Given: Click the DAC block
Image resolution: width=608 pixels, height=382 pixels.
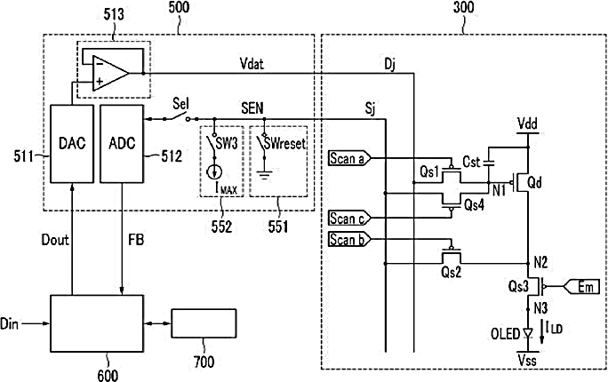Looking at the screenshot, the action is pyautogui.click(x=72, y=144).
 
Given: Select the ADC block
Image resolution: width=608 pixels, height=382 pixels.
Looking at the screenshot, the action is pyautogui.click(x=122, y=144).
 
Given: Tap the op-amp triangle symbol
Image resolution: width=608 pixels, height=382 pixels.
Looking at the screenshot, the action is pyautogui.click(x=110, y=73).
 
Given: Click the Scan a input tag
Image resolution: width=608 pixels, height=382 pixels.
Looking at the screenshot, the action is pyautogui.click(x=349, y=158).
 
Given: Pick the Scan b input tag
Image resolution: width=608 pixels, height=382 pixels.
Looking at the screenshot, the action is pyautogui.click(x=349, y=240).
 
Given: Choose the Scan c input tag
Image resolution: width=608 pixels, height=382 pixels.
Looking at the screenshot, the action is pyautogui.click(x=349, y=219).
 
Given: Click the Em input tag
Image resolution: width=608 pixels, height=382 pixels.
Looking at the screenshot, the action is pyautogui.click(x=584, y=287).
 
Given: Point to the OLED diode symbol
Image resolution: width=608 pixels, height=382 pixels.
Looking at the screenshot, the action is pyautogui.click(x=527, y=333).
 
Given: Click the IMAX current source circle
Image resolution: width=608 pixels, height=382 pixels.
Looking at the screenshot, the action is pyautogui.click(x=213, y=172).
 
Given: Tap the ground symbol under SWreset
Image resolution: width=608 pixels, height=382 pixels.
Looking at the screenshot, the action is pyautogui.click(x=265, y=177).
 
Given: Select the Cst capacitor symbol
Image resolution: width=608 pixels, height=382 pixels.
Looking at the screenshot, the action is pyautogui.click(x=489, y=163).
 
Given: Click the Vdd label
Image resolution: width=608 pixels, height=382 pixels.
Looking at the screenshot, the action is pyautogui.click(x=527, y=124).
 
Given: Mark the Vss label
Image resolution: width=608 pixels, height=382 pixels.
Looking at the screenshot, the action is pyautogui.click(x=527, y=361).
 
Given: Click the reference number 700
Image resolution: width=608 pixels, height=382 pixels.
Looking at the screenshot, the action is pyautogui.click(x=204, y=362).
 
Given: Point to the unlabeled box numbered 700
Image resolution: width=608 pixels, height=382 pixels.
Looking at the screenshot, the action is pyautogui.click(x=204, y=323).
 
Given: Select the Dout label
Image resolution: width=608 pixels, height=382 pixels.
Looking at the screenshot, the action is pyautogui.click(x=55, y=240).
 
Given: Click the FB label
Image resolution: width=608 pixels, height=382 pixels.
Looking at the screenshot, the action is pyautogui.click(x=136, y=240).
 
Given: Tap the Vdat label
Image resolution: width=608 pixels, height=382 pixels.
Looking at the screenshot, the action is pyautogui.click(x=252, y=64).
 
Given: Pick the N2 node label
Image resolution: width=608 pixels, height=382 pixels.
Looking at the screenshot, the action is pyautogui.click(x=540, y=263).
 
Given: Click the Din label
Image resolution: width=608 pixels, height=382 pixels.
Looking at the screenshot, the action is pyautogui.click(x=9, y=323).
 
